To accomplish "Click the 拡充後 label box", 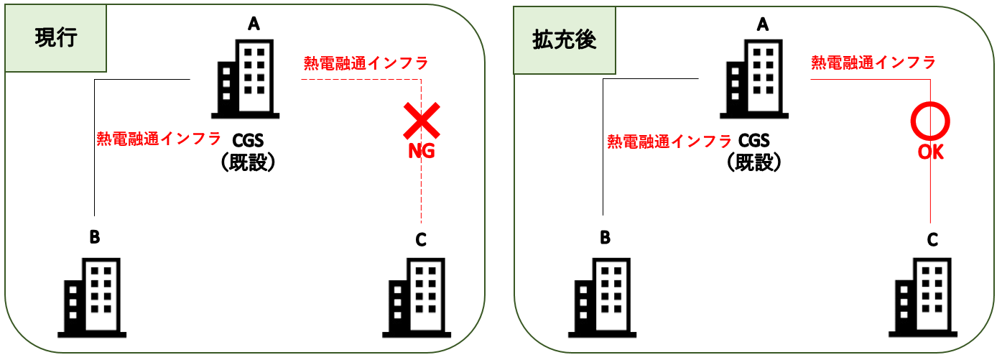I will pyautogui.click(x=564, y=40).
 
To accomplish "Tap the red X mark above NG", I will pyautogui.click(x=421, y=120).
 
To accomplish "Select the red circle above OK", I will pyautogui.click(x=930, y=121).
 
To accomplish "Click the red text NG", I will pyautogui.click(x=422, y=152).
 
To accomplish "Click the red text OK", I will pyautogui.click(x=930, y=152).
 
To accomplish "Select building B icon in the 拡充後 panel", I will pyautogui.click(x=602, y=298).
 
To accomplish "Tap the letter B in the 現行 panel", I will pyautogui.click(x=94, y=236).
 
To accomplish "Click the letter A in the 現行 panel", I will pyautogui.click(x=253, y=24).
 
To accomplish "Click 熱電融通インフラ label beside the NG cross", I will pyautogui.click(x=366, y=63).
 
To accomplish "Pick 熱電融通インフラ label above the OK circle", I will pyautogui.click(x=873, y=63).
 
